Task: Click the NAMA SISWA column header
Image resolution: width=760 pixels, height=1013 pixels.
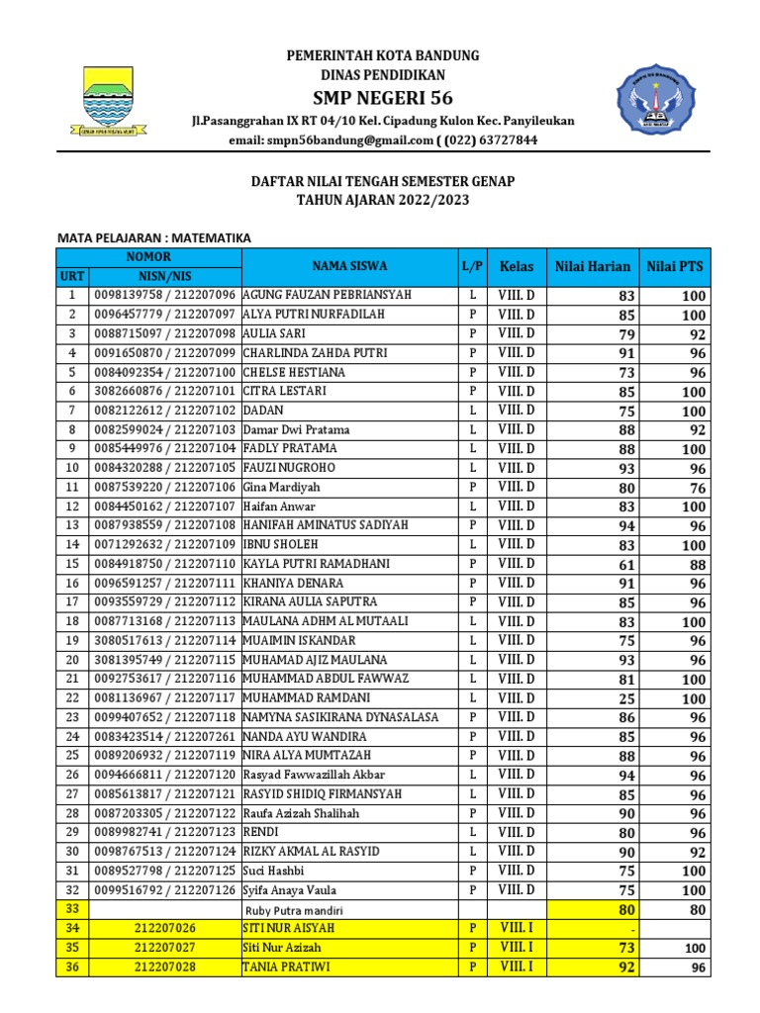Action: pyautogui.click(x=349, y=266)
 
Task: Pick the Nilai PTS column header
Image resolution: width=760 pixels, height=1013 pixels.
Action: pyautogui.click(x=675, y=266)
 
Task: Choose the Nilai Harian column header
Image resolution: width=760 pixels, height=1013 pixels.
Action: pyautogui.click(x=592, y=266)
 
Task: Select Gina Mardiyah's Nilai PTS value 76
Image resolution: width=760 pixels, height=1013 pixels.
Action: pyautogui.click(x=698, y=488)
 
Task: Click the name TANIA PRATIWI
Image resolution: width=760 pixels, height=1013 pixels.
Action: pyautogui.click(x=288, y=967)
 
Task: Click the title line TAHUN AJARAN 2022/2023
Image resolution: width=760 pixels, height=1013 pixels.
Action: pyautogui.click(x=382, y=200)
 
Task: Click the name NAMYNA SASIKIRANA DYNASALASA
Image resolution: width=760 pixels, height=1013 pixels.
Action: pyautogui.click(x=339, y=717)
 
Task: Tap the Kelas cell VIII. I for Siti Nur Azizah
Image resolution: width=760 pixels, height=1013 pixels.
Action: pyautogui.click(x=516, y=948)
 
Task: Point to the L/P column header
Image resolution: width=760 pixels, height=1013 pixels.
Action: pyautogui.click(x=472, y=266)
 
